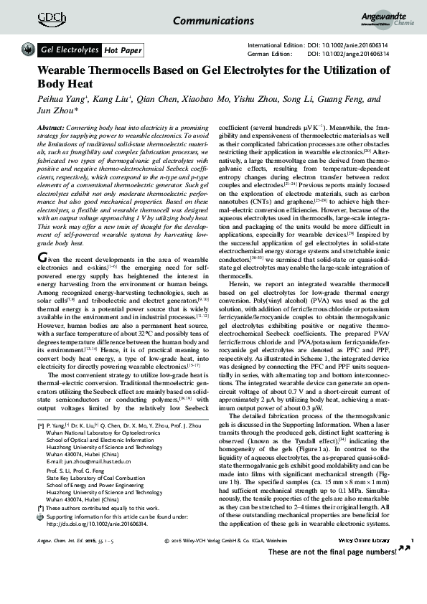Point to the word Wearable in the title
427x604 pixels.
[65, 72]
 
